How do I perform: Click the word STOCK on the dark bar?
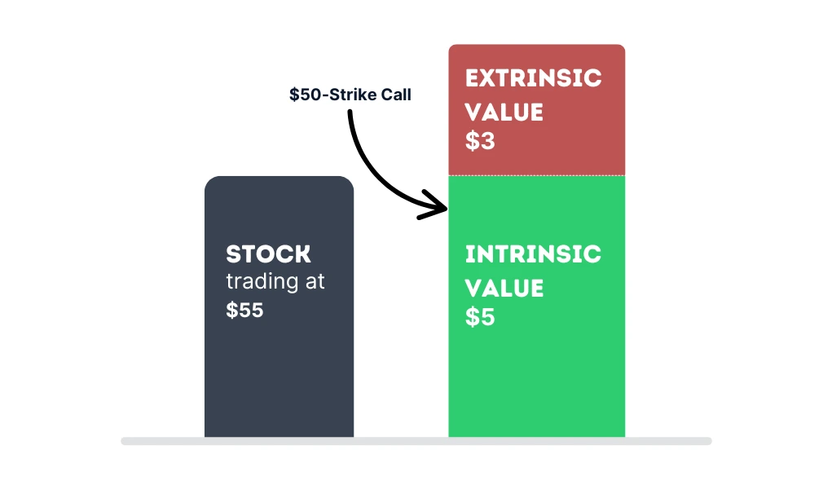(268, 254)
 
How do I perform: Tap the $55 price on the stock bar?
(244, 310)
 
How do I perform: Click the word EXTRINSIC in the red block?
(533, 78)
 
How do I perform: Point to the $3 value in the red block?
(480, 141)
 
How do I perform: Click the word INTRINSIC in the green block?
(533, 254)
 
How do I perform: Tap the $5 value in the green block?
(480, 317)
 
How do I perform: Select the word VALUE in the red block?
(504, 112)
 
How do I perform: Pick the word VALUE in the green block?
(504, 288)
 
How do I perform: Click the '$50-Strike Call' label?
(350, 95)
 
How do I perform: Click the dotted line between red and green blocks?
(536, 175)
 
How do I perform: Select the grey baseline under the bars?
(416, 441)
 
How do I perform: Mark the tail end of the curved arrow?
(350, 112)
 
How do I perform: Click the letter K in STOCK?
(302, 254)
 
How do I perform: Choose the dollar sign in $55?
(231, 310)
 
